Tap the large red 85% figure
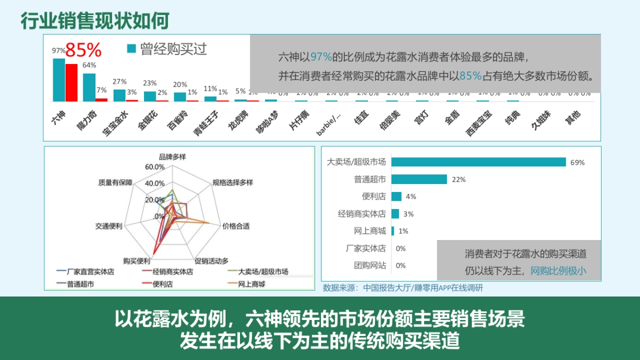[x=83, y=50]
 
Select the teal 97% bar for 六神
[x=59, y=79]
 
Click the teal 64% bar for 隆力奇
[x=89, y=87]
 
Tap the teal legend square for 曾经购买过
[x=131, y=50]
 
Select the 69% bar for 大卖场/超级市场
[x=478, y=162]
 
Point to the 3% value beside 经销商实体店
[x=409, y=214]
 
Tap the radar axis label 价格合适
[x=235, y=226]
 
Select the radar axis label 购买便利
[x=136, y=261]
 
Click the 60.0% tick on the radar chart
[x=155, y=167]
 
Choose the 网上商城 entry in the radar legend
[x=251, y=284]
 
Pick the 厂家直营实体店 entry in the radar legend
[x=90, y=272]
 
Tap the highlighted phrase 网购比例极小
[x=558, y=270]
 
